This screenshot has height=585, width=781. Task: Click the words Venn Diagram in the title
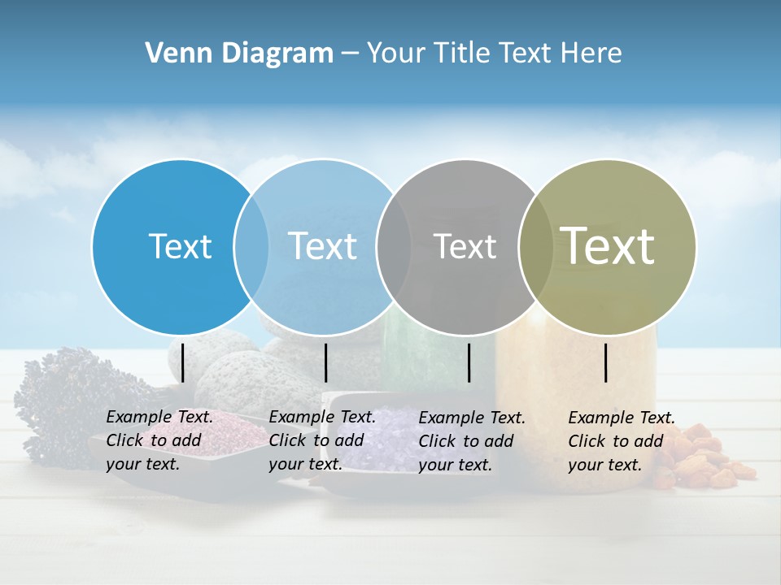pyautogui.click(x=239, y=54)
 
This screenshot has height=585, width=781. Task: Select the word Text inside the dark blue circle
pyautogui.click(x=180, y=246)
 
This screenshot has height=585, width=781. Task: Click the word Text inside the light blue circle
pyautogui.click(x=323, y=246)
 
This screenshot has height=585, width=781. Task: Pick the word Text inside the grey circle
pyautogui.click(x=465, y=246)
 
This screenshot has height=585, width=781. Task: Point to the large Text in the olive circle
pyautogui.click(x=608, y=245)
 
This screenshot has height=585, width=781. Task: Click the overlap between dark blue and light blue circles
pyautogui.click(x=251, y=246)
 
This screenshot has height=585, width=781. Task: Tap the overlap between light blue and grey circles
pyautogui.click(x=394, y=246)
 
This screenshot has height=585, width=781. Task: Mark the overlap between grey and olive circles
pyautogui.click(x=536, y=246)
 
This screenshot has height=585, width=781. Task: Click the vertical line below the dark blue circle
pyautogui.click(x=183, y=362)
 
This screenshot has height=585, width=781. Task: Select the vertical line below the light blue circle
pyautogui.click(x=325, y=362)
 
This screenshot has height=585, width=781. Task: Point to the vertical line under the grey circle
pyautogui.click(x=469, y=362)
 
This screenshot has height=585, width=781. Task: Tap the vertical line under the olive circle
pyautogui.click(x=606, y=362)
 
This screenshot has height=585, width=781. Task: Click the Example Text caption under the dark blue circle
pyautogui.click(x=159, y=440)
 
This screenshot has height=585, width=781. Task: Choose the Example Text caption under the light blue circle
pyautogui.click(x=322, y=440)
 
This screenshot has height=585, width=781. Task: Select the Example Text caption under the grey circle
pyautogui.click(x=472, y=441)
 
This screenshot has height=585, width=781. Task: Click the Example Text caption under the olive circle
pyautogui.click(x=622, y=441)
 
